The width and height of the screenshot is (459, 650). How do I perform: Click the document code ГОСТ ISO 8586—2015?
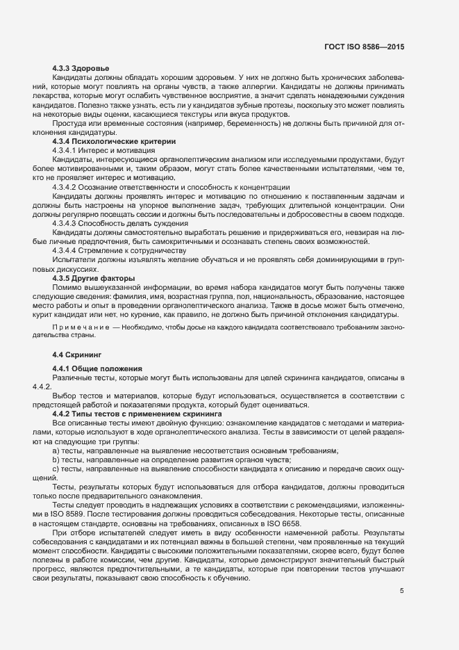coord(364,47)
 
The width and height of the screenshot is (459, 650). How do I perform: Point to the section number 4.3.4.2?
coord(67,187)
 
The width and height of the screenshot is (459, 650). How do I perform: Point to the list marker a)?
coord(55,450)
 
